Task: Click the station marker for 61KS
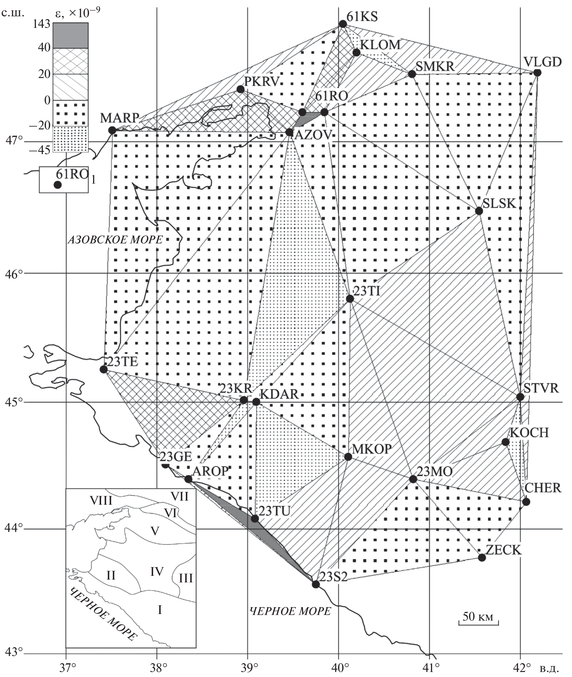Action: [x=343, y=24]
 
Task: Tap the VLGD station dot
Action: [x=537, y=73]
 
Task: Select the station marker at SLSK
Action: [x=479, y=211]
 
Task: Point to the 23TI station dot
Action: [x=350, y=299]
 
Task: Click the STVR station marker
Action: [x=520, y=397]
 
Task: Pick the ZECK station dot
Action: [x=482, y=558]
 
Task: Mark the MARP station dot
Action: [x=112, y=130]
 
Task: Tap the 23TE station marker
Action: [x=103, y=369]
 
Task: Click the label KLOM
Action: [x=380, y=45]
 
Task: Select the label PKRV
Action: [x=262, y=82]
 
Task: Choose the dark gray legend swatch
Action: [x=71, y=35]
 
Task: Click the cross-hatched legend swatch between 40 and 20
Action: [x=71, y=61]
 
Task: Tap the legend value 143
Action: [x=41, y=24]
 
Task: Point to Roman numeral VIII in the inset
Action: [x=101, y=501]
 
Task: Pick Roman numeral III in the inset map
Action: [x=186, y=578]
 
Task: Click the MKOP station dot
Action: [x=348, y=457]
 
